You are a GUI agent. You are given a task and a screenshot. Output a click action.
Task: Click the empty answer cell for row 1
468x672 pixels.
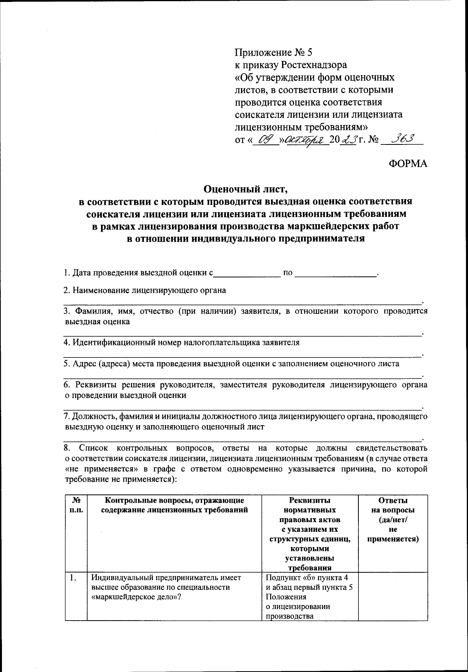pyautogui.click(x=393, y=596)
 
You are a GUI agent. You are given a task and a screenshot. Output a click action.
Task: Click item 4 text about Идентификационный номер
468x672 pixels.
pyautogui.click(x=182, y=343)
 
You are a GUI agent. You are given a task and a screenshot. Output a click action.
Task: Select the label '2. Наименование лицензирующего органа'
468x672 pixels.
pyautogui.click(x=145, y=290)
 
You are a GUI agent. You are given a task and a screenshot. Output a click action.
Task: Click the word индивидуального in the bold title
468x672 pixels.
pyautogui.click(x=234, y=238)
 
